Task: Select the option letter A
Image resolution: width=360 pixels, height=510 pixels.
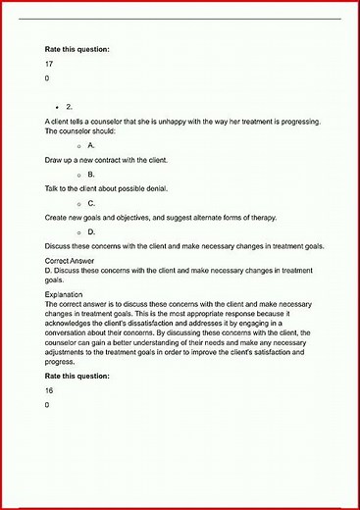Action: coord(91,144)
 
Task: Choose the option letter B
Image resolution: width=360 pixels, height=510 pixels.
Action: coord(91,174)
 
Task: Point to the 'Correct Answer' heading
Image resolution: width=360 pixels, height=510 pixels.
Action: coord(73,261)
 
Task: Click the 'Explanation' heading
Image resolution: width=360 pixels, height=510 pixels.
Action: coord(67,294)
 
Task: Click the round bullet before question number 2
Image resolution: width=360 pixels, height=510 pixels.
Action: coord(59,105)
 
